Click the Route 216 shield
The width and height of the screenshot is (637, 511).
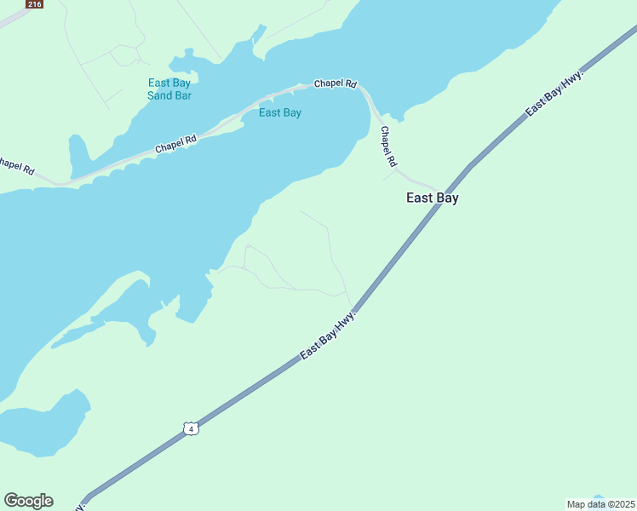34,4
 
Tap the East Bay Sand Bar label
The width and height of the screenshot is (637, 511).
169,89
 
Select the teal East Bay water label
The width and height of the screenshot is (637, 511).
280,112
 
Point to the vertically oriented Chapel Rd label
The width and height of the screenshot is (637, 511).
388,146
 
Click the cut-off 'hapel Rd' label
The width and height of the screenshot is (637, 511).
16,165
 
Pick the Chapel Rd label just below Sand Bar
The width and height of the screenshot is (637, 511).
175,144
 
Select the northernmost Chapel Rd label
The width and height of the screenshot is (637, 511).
335,83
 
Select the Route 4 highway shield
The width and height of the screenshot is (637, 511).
192,429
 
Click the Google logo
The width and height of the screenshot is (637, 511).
28,501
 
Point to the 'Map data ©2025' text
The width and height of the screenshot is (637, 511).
600,504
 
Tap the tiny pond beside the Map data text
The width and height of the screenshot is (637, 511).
598,497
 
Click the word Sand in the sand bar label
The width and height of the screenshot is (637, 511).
158,95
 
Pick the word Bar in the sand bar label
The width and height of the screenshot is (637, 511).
182,95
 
